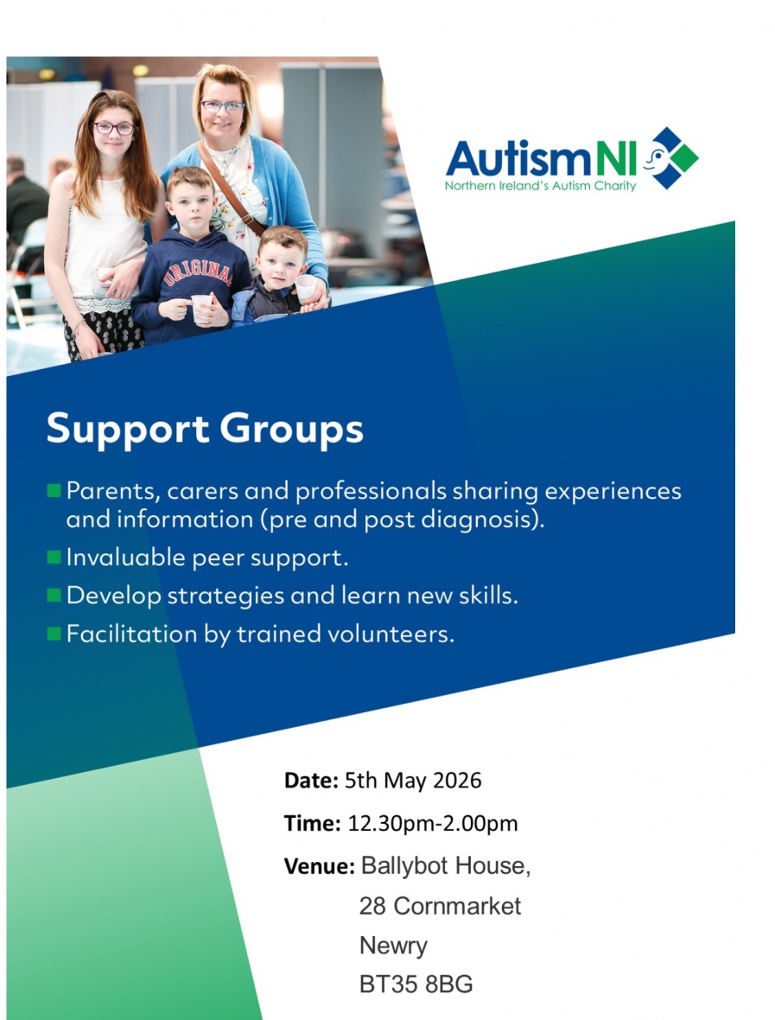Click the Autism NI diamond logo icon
pos(671,158)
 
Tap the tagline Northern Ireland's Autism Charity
pos(540,186)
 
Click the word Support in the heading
pos(128,430)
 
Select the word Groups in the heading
pos(291,430)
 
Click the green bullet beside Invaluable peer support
pos(54,557)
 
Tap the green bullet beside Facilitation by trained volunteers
pos(54,633)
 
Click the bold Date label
pos(311,780)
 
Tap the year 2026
pos(457,780)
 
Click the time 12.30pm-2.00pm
pos(433,824)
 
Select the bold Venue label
pos(319,866)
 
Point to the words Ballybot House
pos(445,866)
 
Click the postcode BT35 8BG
pos(416,985)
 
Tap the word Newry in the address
pos(393,946)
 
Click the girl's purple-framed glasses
pos(114,128)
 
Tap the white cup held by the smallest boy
pos(306,286)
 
